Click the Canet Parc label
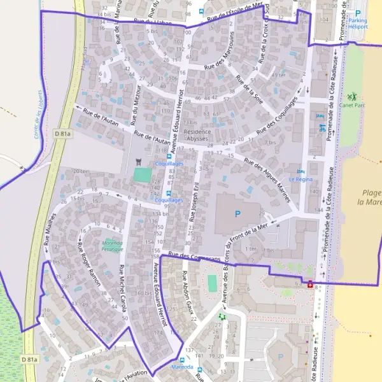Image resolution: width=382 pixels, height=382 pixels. tap(352, 104)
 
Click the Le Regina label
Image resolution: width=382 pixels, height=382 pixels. tap(299, 180)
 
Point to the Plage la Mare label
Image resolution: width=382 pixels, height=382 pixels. tap(370, 197)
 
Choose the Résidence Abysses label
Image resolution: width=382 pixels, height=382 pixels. tap(197, 135)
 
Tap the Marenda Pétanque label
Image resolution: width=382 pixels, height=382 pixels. tap(112, 246)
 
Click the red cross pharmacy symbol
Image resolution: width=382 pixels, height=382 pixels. tap(310, 285)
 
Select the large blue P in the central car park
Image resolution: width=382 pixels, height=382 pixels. tap(238, 214)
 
